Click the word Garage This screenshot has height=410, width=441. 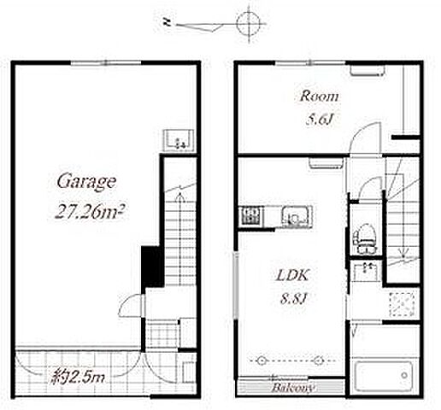[x=86, y=182]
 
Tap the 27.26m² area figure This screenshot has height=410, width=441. [x=91, y=211]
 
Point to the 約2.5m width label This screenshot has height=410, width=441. [x=78, y=377]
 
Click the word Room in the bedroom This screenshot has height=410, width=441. [x=320, y=97]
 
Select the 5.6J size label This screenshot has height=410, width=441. [x=320, y=120]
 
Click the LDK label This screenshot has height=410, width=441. [x=292, y=275]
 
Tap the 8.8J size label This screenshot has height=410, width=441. [x=295, y=299]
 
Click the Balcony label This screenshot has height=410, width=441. [x=292, y=388]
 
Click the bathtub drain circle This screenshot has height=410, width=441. [x=404, y=375]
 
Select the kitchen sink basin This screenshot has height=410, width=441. [x=297, y=217]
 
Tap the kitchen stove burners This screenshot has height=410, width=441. [x=250, y=216]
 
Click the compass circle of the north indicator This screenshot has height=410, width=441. [x=249, y=24]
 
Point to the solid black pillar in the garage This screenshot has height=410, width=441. [x=152, y=266]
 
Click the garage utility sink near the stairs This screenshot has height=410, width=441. [x=179, y=141]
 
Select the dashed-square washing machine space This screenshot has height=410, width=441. [x=402, y=304]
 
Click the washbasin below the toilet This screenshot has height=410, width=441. [x=367, y=272]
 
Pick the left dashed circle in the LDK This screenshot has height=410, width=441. [x=261, y=360]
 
